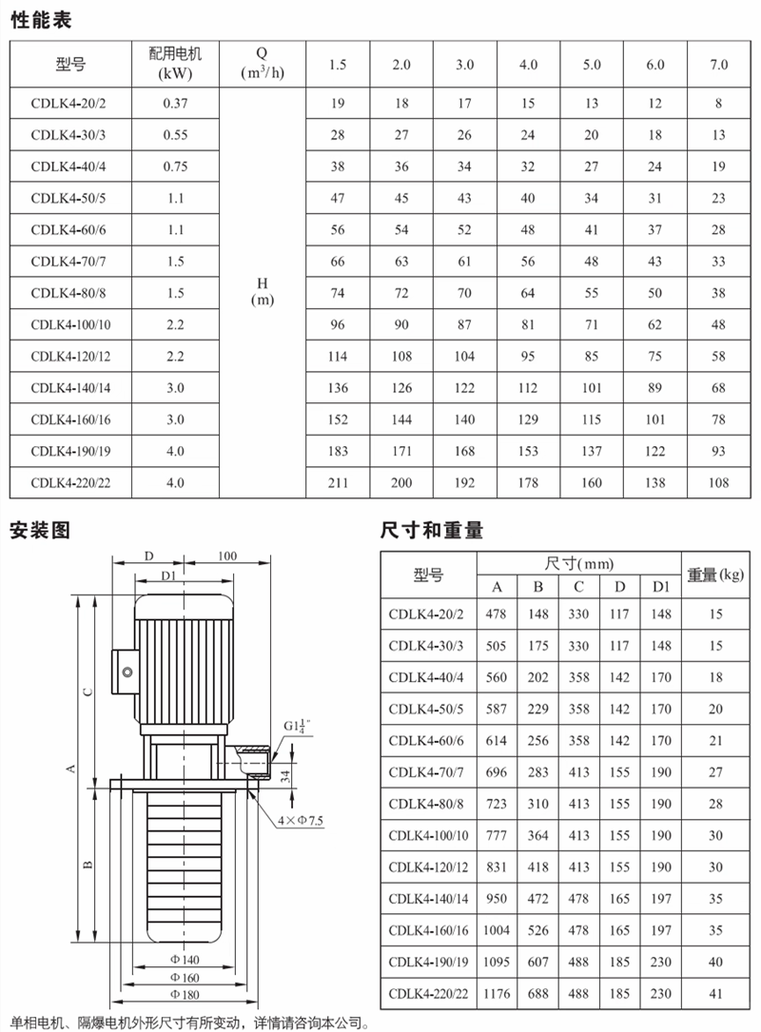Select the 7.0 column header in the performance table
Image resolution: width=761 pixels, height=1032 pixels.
click(x=718, y=65)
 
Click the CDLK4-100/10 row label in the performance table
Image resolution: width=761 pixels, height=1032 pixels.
click(x=70, y=325)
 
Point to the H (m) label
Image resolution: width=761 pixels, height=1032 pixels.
click(x=262, y=291)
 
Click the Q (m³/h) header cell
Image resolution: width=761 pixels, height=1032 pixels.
click(x=262, y=65)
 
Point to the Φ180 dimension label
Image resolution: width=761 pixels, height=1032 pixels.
click(x=184, y=994)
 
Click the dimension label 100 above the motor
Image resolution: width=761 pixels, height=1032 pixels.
click(x=227, y=555)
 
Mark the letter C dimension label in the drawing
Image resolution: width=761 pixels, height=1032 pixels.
click(x=87, y=691)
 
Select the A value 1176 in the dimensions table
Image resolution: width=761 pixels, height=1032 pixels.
click(x=498, y=994)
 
